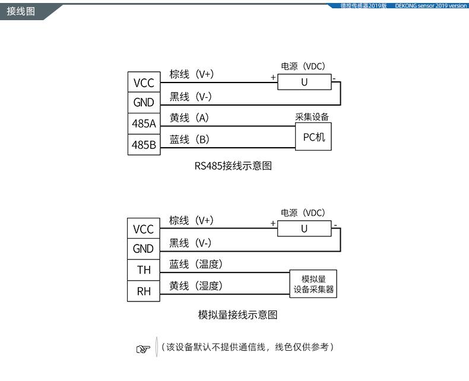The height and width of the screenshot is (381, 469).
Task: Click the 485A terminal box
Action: coord(144,123)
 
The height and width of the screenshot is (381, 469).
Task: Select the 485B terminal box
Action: coord(144,145)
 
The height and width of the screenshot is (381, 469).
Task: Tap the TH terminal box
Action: coord(144,270)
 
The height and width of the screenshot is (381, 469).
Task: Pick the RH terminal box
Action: coord(144,291)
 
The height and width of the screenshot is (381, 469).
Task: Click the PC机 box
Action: coord(313,136)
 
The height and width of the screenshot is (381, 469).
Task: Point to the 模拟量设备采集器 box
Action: coord(313,284)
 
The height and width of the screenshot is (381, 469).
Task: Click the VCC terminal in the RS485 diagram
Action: coord(144,82)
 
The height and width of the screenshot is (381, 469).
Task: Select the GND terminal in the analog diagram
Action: coord(144,249)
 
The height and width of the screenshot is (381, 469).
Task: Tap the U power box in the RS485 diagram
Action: coord(305,82)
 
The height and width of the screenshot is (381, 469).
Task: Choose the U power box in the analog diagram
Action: coord(304,228)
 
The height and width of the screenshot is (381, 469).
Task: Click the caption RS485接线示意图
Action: coord(233,166)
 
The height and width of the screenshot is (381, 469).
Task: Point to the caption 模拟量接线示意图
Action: coord(237,315)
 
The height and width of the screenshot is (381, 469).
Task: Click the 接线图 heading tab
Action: coord(21,11)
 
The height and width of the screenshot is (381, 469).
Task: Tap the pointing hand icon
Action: coord(143,349)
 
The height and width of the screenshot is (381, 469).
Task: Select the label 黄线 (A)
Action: coord(189,118)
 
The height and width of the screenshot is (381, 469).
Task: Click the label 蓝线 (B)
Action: coord(189,139)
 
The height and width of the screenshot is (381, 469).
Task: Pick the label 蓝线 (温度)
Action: coord(196,264)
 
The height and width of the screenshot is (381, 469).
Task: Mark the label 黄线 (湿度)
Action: coord(196,286)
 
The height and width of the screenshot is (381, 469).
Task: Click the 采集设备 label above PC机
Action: coord(312,117)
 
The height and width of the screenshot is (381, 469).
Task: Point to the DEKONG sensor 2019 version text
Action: coord(431,6)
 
